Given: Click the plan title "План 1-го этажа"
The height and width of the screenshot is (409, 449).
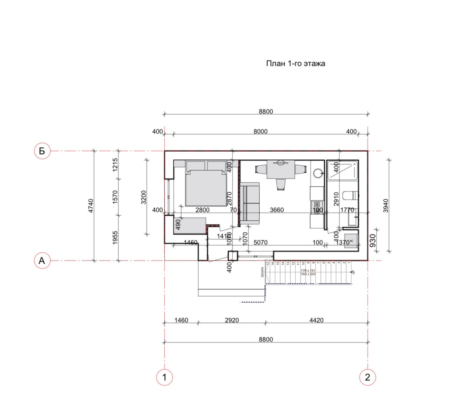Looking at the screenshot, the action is [295, 63].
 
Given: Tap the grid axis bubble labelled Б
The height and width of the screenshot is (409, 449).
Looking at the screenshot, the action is [42, 151].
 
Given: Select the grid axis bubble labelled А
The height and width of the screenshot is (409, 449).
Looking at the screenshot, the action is [42, 261].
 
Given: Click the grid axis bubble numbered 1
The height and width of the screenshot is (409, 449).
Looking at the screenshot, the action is [164, 377].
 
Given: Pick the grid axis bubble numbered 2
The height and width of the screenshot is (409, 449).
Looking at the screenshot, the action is [368, 377].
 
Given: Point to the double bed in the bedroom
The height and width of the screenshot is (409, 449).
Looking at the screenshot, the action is [206, 186].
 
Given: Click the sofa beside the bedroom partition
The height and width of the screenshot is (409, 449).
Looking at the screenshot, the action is [250, 203].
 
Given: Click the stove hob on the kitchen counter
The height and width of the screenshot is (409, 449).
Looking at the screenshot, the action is [317, 205].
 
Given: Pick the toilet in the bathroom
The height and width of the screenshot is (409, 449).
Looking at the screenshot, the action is [350, 195].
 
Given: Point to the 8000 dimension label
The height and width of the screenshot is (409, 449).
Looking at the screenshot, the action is [261, 131].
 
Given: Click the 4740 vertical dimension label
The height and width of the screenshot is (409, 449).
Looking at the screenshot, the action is [91, 206].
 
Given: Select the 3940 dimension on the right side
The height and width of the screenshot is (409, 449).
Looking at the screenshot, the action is [386, 206].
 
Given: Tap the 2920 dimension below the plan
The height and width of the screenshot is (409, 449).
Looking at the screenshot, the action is [232, 320].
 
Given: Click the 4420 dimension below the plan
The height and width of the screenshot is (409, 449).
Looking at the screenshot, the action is [316, 320].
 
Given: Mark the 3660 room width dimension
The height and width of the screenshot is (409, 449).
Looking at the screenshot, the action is [277, 210].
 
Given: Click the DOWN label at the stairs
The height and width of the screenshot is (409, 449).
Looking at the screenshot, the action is [262, 272].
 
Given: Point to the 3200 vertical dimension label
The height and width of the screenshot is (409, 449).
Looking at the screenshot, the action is [143, 197].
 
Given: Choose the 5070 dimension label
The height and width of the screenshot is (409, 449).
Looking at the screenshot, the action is [261, 242].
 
